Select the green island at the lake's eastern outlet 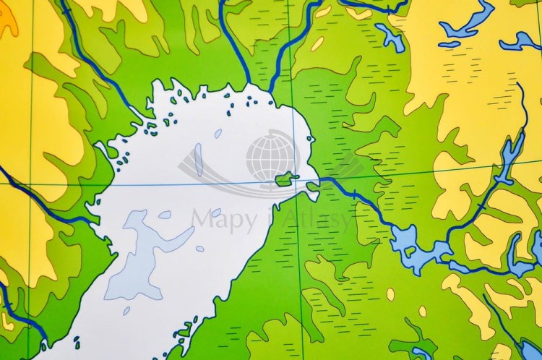pyautogui.click(x=287, y=178)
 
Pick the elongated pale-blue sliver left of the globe pyautogui.click(x=199, y=159)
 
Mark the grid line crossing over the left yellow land pyautogui.click(x=30, y=184)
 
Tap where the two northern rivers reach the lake pyautogui.click(x=260, y=90)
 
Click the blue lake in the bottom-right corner pyautogui.click(x=531, y=350)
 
